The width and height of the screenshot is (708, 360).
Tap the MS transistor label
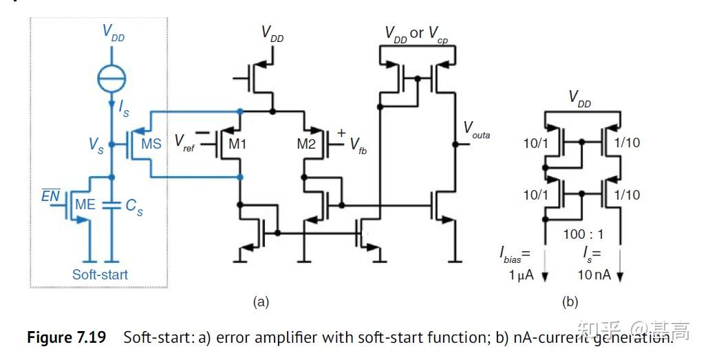click(x=151, y=145)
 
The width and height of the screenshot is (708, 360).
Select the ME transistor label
click(x=85, y=204)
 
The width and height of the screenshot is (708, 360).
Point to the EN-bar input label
click(x=50, y=196)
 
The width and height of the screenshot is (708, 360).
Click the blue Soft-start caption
click(x=100, y=274)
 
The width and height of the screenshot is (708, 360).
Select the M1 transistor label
click(x=237, y=145)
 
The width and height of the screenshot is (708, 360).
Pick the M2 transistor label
click(x=307, y=145)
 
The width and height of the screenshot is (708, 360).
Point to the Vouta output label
click(x=476, y=129)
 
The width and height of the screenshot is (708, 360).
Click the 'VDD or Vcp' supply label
click(x=416, y=34)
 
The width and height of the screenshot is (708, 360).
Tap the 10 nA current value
click(x=593, y=275)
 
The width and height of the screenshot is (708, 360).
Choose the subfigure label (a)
click(x=261, y=301)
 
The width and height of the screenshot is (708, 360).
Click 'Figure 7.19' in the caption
click(x=67, y=338)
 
